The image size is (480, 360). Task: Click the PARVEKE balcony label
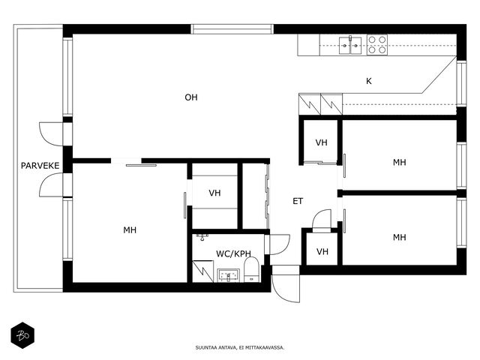[40, 166]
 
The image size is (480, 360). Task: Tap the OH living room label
[191, 97]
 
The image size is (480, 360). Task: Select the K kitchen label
[369, 81]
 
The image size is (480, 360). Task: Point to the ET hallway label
[298, 201]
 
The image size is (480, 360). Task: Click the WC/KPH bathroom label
[233, 253]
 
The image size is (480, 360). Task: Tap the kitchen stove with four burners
[377, 45]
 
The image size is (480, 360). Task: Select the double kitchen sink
[350, 45]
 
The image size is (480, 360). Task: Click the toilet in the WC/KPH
[252, 269]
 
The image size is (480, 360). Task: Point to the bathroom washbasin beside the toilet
[228, 275]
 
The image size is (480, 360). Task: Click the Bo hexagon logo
[22, 335]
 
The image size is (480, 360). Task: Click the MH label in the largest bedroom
[130, 230]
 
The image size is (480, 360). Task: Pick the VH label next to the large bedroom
[214, 193]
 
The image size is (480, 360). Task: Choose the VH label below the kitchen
[322, 142]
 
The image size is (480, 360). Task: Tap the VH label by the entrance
[322, 252]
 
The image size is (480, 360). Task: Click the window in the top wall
[232, 29]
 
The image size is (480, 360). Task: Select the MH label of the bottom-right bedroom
[400, 237]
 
